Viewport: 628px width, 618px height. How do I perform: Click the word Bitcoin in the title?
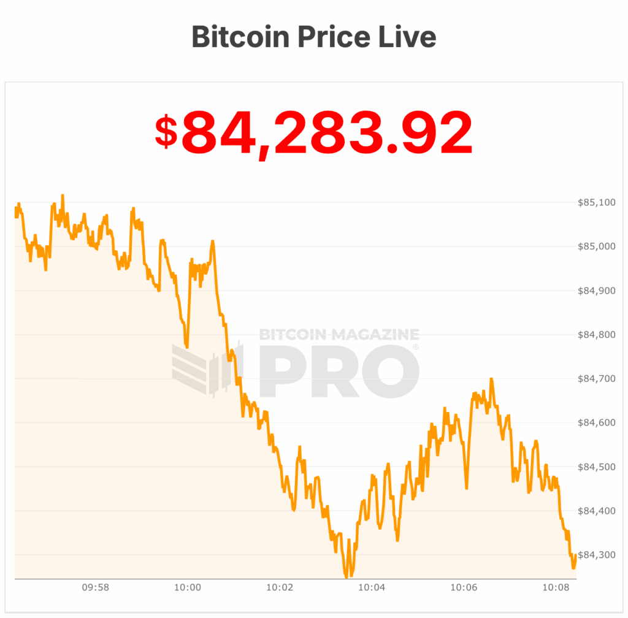click(241, 37)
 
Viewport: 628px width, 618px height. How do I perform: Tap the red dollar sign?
click(166, 132)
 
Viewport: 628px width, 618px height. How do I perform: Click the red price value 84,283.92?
click(327, 133)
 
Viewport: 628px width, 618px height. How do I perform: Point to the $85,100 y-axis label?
click(597, 202)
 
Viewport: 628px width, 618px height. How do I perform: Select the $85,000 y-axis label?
click(597, 246)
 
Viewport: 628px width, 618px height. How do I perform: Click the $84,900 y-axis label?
click(597, 291)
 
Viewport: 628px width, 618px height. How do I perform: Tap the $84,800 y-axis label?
click(597, 335)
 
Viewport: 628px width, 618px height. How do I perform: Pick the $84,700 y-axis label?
click(597, 379)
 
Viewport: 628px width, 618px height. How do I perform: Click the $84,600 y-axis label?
click(597, 423)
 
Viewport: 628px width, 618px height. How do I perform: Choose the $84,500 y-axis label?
click(597, 467)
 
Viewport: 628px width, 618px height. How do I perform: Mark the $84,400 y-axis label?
click(597, 511)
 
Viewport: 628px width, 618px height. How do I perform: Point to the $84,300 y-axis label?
click(597, 555)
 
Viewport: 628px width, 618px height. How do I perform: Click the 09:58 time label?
click(96, 587)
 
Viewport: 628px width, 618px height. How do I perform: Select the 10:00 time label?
click(188, 587)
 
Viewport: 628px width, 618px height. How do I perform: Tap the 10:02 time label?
click(280, 587)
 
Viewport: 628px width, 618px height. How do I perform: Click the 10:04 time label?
click(372, 587)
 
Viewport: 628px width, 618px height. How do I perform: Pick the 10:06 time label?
click(464, 587)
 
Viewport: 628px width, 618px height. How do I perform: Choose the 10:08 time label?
click(556, 587)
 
